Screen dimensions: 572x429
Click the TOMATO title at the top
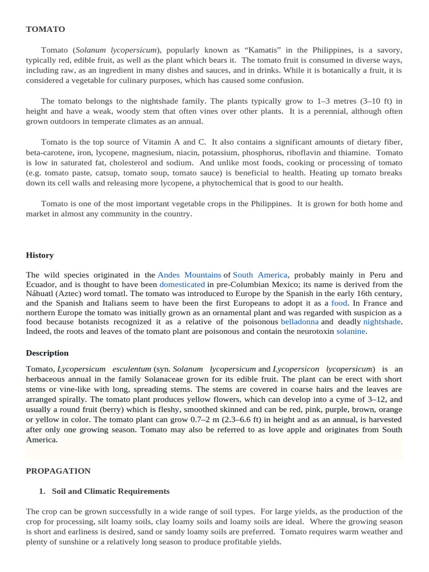45,29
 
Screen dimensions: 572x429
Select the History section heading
40,255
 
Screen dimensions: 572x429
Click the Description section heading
47,353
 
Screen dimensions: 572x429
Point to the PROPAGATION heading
58,471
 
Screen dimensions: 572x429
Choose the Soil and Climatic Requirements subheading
111,491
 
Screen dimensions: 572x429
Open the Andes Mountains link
189,275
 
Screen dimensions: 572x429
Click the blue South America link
260,275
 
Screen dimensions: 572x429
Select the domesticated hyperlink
182,284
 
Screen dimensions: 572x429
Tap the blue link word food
339,303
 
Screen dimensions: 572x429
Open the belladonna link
299,322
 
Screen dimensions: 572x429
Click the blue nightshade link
382,322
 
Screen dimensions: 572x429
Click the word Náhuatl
40,294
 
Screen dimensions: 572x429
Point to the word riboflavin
306,152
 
